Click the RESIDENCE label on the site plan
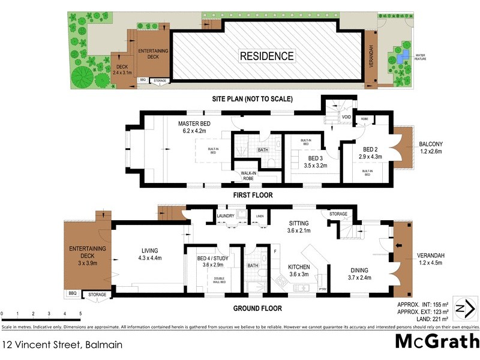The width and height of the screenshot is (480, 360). pos(267,56)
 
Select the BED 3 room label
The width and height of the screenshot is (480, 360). pos(314,159)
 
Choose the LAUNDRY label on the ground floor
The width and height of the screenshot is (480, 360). pos(226,216)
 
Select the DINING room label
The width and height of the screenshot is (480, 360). pos(360,270)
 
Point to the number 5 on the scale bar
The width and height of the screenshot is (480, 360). pos(80,314)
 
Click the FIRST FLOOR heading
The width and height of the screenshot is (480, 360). pos(253,195)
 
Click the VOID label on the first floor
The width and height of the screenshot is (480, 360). pos(346,118)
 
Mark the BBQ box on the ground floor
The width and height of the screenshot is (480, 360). pos(72,294)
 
